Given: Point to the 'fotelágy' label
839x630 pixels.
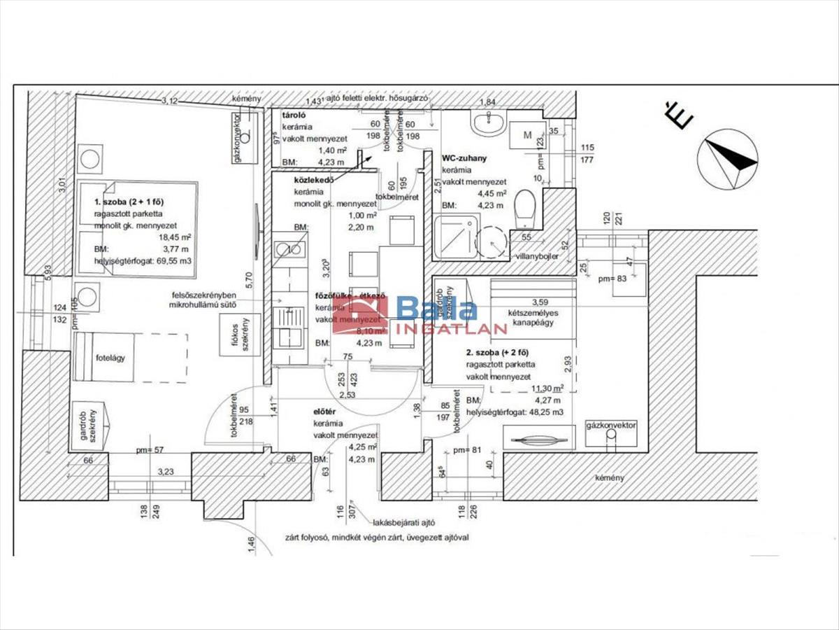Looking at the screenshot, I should tap(110, 358).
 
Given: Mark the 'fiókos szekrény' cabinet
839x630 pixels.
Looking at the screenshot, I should tap(240, 334).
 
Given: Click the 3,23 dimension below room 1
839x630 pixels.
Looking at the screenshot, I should tap(166, 472).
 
